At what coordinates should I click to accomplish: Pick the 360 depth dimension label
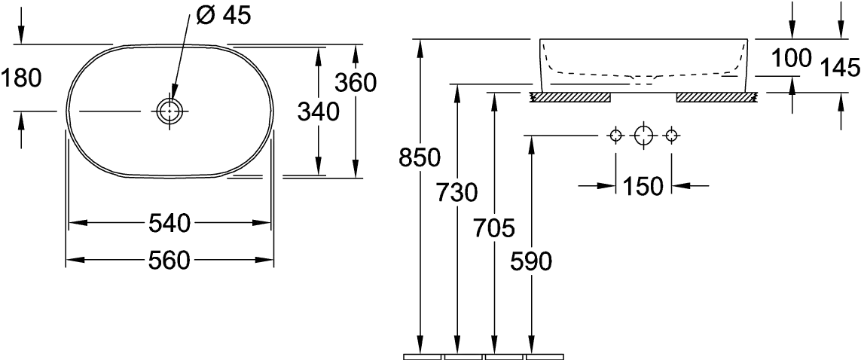coord(355,83)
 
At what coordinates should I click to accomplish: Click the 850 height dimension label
coord(420,158)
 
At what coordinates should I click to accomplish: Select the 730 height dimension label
coord(456,193)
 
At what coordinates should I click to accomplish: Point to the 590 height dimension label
coord(531,261)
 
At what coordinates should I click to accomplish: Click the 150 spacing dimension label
coord(643,185)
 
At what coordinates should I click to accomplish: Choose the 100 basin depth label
coord(791,58)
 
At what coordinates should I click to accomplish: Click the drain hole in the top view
coord(168,111)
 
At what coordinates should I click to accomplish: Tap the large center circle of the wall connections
coord(643,136)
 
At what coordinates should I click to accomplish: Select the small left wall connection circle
coord(615,136)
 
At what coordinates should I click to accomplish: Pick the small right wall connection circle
coord(673,136)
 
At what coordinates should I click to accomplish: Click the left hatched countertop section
coord(571,96)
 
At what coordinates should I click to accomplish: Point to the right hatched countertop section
coord(716,96)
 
